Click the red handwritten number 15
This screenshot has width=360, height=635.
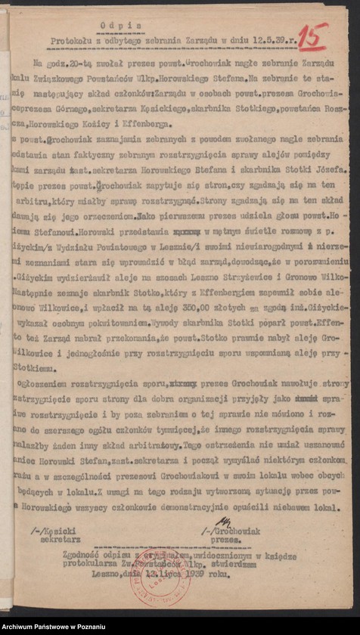coord(312,35)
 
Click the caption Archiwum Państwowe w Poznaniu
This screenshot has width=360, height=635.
coord(52,627)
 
